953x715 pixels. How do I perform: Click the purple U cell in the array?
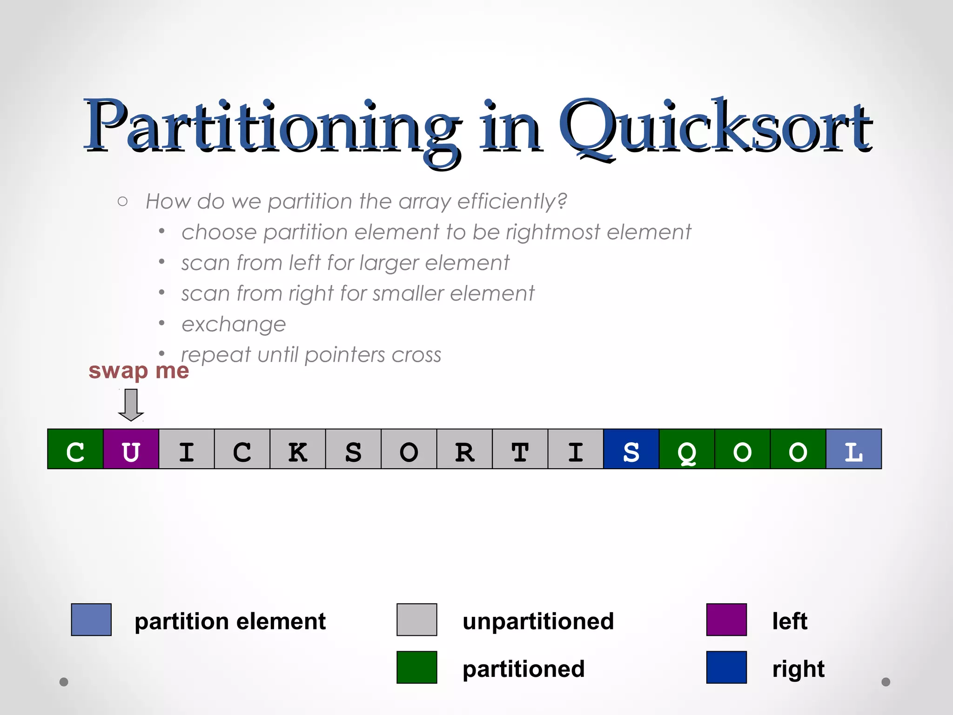click(131, 449)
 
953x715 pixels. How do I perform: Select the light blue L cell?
click(853, 449)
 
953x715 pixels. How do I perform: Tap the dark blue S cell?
click(631, 449)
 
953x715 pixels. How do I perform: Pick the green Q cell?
click(687, 449)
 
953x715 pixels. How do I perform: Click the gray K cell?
click(298, 449)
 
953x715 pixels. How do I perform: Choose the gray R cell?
click(464, 449)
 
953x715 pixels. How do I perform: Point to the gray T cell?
click(520, 449)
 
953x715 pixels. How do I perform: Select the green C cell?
click(75, 449)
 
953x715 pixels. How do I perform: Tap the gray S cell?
click(353, 449)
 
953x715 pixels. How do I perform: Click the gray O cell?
click(409, 449)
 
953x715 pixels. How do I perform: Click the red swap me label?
click(139, 371)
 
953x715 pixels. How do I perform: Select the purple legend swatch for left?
click(726, 620)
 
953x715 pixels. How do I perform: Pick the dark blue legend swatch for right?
click(726, 668)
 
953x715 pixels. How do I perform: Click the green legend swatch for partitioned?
click(416, 668)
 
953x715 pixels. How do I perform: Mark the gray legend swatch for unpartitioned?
click(416, 620)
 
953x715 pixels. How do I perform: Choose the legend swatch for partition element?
click(91, 620)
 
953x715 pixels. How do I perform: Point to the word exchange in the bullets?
click(234, 324)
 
